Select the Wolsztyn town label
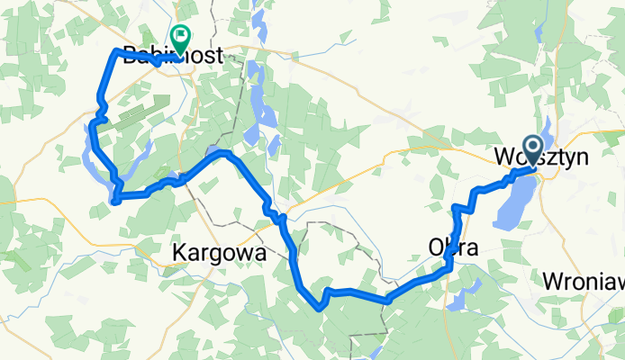[540, 157]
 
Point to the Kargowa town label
[219, 254]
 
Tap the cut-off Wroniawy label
[584, 281]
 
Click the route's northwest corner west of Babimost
[114, 52]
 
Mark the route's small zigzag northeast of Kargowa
[275, 212]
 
